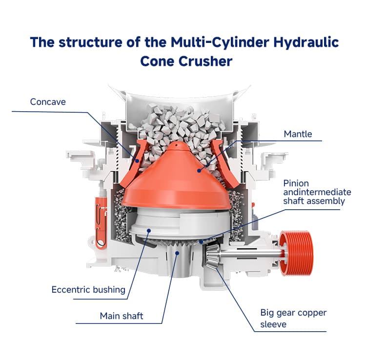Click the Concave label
pos(48,102)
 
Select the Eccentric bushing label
pos(88,290)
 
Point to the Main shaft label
pos(122,316)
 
